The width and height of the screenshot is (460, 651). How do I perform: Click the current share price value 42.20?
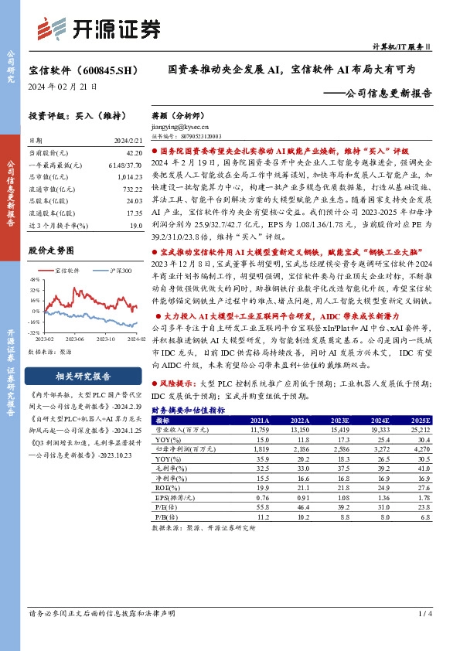[133, 153]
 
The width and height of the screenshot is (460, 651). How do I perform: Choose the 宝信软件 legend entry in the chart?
[66, 271]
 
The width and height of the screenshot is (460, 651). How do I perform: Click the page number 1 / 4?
[424, 614]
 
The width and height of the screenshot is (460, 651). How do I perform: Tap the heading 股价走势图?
[50, 251]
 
